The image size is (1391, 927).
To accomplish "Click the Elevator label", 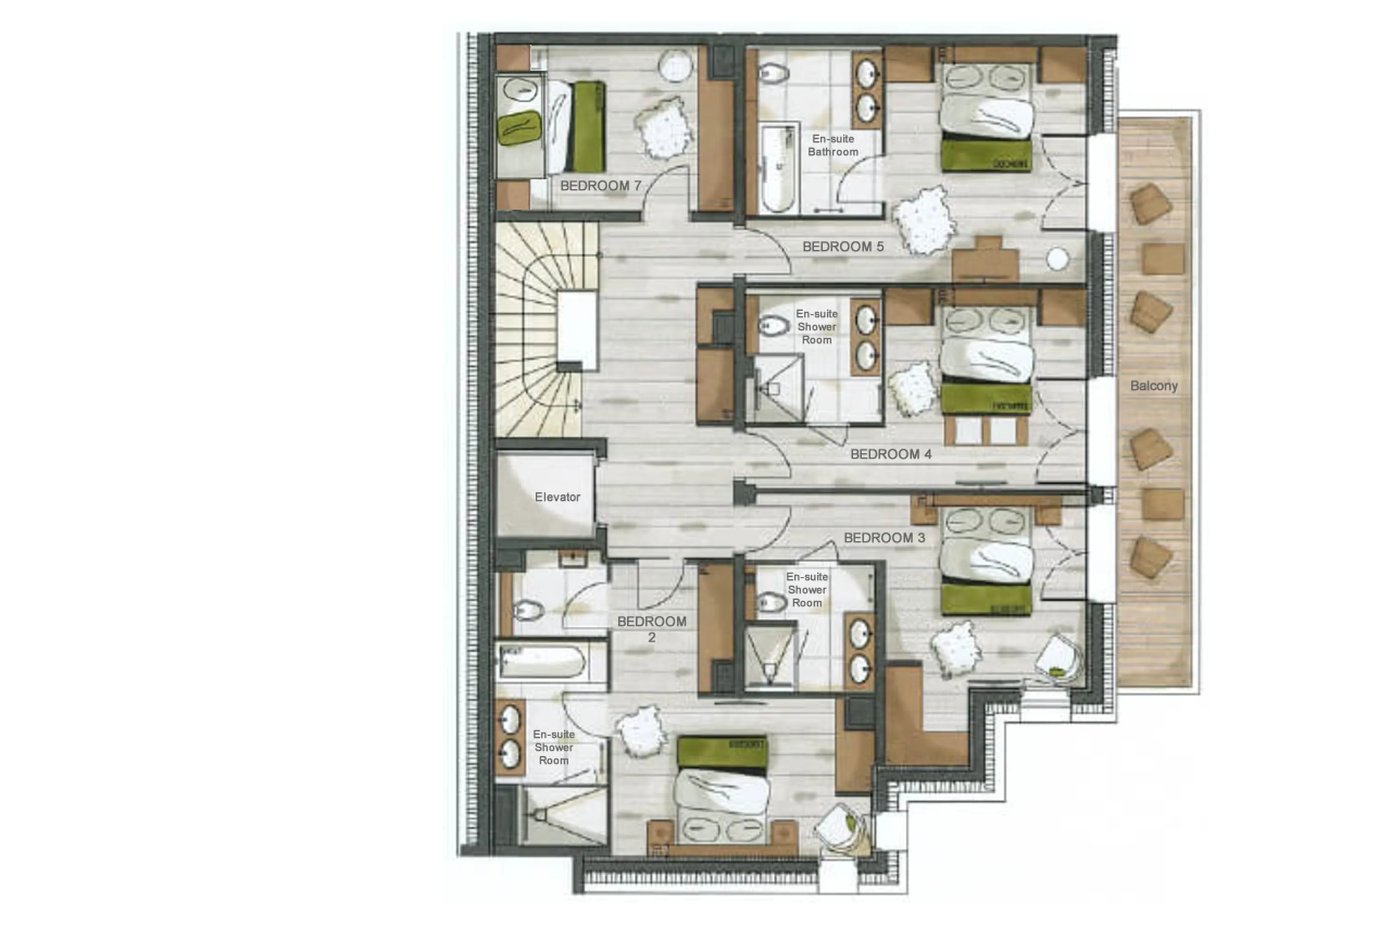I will tap(557, 497).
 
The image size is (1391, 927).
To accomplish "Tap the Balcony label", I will tap(1153, 386).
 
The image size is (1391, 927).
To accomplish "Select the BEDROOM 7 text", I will tap(600, 185).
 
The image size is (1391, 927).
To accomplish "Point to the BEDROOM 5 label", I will tap(843, 247).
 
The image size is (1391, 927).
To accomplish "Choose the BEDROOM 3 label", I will tap(884, 538).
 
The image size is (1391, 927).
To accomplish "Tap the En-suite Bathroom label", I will tap(832, 145).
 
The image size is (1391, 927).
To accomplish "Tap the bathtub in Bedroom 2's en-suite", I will tap(542, 661).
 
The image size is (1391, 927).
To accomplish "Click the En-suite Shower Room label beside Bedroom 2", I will tap(554, 747).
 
